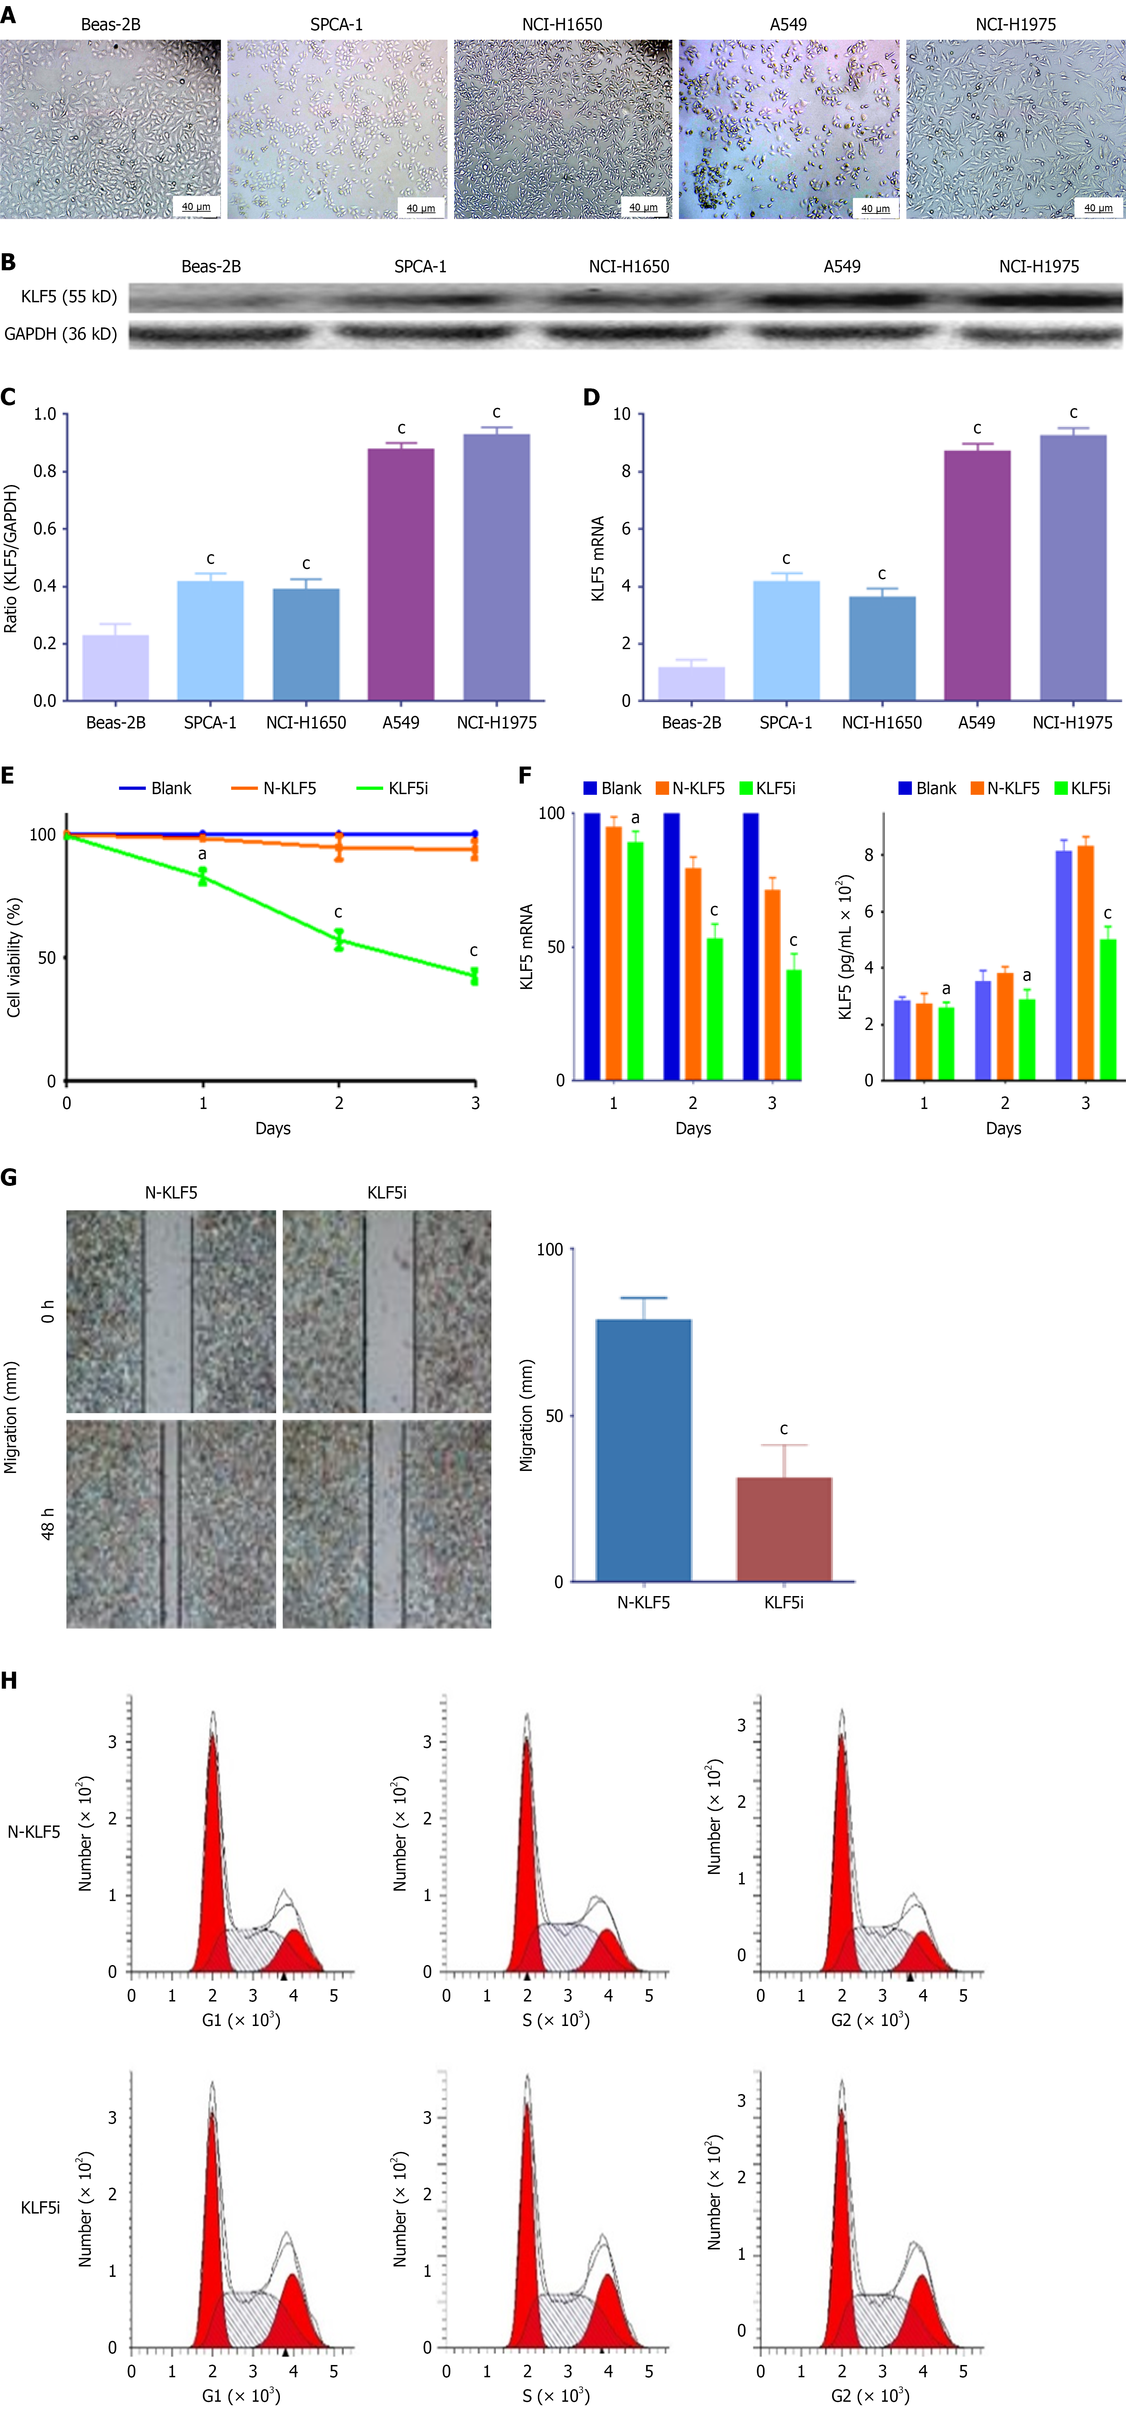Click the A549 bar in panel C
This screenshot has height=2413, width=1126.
tap(401, 573)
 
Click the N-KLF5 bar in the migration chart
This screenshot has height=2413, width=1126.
tap(644, 1449)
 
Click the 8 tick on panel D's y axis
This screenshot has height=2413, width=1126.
tap(626, 471)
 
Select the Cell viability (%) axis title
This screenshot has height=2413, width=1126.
tap(14, 956)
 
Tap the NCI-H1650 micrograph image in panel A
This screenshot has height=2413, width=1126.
tap(562, 129)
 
